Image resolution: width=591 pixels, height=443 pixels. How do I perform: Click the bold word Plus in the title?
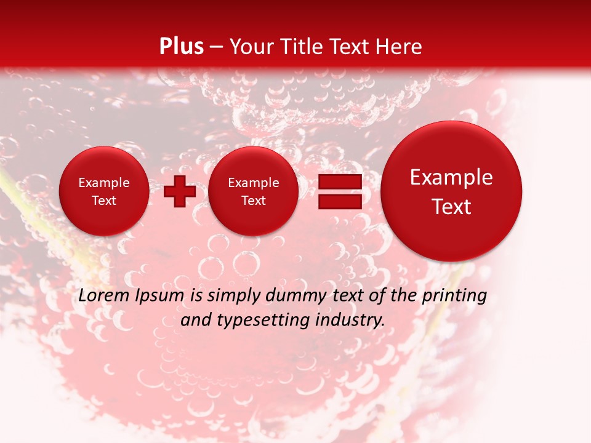coord(181,47)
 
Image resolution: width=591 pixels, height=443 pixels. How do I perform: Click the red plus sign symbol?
coord(180,191)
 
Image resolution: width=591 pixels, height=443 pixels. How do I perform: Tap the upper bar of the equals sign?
coord(340,182)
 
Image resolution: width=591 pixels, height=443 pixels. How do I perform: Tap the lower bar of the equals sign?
coord(340,201)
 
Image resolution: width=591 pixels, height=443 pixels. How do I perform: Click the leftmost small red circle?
coord(103,191)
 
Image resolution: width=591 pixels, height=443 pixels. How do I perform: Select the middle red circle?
coord(253,191)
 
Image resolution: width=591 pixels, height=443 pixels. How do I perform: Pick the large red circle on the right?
coord(451,191)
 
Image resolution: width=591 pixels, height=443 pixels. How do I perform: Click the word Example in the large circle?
coord(451,177)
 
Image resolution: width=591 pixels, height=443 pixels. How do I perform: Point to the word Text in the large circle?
coord(451,207)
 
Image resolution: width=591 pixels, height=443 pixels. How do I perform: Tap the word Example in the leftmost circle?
coord(103,183)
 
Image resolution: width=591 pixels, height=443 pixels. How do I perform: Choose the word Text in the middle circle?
coord(253,201)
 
